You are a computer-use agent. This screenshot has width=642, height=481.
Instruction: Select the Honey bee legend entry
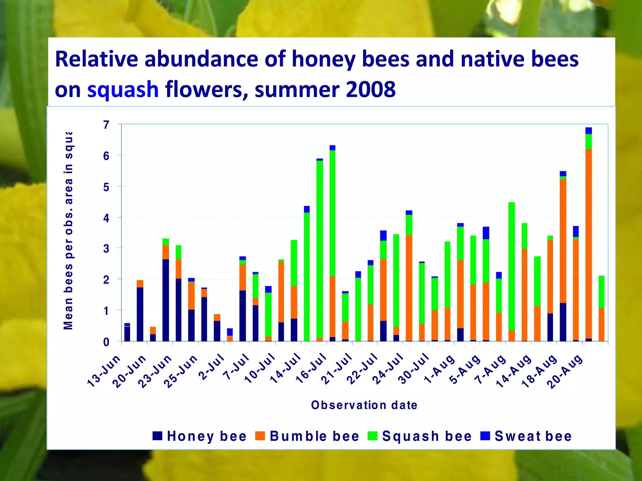click(200, 436)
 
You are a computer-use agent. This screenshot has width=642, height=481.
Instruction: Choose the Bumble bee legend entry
click(307, 436)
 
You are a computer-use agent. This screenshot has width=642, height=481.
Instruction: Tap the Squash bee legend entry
click(420, 436)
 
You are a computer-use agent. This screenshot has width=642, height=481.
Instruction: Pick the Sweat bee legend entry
click(526, 436)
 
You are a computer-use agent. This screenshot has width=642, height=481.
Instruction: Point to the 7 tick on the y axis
click(106, 125)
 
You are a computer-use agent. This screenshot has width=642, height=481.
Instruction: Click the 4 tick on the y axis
click(106, 218)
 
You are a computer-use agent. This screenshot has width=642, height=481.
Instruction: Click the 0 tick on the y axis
click(106, 342)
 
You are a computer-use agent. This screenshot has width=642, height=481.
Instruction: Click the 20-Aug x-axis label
click(566, 371)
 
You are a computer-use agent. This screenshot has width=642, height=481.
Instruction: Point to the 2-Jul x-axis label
click(212, 367)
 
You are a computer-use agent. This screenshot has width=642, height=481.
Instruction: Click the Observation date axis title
click(364, 405)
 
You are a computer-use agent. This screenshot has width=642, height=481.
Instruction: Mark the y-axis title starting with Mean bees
click(68, 230)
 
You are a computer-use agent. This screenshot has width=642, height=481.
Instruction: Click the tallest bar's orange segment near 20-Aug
click(588, 244)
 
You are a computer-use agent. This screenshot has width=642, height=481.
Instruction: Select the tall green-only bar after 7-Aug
click(511, 266)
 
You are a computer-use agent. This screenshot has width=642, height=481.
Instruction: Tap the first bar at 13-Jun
click(127, 334)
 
